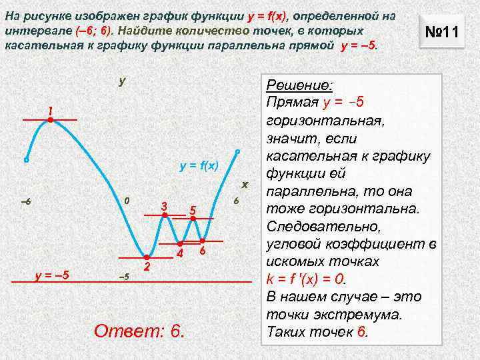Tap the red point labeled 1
[50, 120]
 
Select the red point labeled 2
[146, 257]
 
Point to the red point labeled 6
[203, 240]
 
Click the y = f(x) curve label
[199, 165]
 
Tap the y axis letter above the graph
[122, 81]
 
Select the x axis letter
[245, 184]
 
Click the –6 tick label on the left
[26, 202]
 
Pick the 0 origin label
[127, 201]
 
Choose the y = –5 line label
[57, 275]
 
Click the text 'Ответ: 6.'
[139, 330]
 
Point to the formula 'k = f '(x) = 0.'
[315, 279]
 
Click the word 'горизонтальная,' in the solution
[319, 121]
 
